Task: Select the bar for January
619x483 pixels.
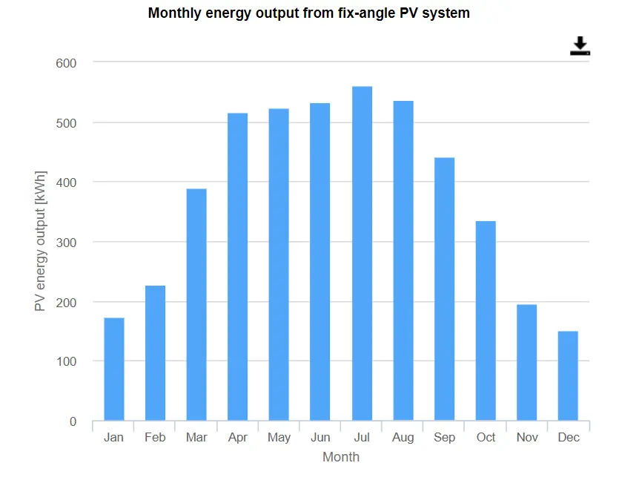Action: [114, 369]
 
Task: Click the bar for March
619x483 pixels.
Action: [196, 305]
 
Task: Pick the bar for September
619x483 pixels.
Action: [444, 289]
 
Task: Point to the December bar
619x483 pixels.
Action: [568, 376]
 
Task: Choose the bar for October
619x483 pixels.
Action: [486, 321]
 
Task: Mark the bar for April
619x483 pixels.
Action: [238, 267]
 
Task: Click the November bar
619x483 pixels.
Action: [526, 363]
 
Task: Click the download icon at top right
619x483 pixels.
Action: [580, 46]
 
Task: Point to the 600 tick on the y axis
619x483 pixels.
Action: [67, 63]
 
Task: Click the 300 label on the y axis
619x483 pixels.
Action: [67, 243]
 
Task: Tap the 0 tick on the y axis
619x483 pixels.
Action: [73, 421]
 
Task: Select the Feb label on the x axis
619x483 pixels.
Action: [155, 438]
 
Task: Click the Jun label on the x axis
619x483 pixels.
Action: [320, 438]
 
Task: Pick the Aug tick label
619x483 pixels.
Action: [403, 438]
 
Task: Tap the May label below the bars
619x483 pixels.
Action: [279, 438]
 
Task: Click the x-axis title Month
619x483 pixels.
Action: [341, 457]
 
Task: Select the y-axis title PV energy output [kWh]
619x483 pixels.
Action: [40, 242]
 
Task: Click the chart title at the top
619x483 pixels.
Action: [309, 13]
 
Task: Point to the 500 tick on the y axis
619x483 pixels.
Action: [67, 123]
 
